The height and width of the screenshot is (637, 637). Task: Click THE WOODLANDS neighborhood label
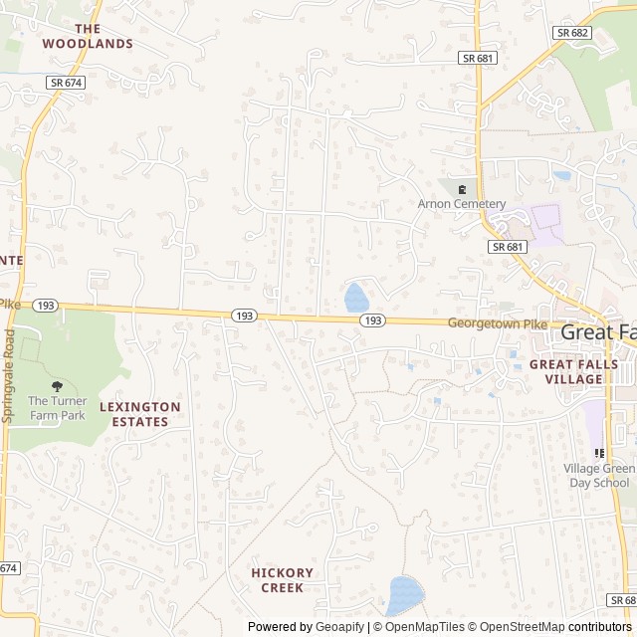coord(88,36)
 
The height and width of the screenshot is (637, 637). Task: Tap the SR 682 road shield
coord(573,33)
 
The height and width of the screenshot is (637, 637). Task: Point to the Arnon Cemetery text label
coord(462,204)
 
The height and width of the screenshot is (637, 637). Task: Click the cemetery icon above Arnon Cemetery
coord(462,188)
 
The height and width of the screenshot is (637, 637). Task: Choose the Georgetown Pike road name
coord(498,323)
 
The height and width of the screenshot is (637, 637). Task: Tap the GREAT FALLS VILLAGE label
coord(573,371)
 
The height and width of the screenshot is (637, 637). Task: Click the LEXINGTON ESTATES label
coord(140,414)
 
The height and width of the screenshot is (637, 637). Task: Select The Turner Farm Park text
coord(58,408)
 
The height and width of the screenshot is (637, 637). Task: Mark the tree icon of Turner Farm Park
coord(57,386)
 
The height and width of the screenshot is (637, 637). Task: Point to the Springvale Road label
coord(9,379)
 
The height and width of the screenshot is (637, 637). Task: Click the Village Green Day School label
coord(598,476)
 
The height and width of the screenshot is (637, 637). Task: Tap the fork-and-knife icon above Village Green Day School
coord(599,453)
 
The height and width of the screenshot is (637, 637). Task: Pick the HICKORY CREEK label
coord(283,580)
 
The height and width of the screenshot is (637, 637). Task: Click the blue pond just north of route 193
coord(355,298)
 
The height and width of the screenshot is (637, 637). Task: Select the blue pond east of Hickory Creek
coord(405,595)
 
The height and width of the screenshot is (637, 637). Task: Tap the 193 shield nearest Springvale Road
coord(45,305)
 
